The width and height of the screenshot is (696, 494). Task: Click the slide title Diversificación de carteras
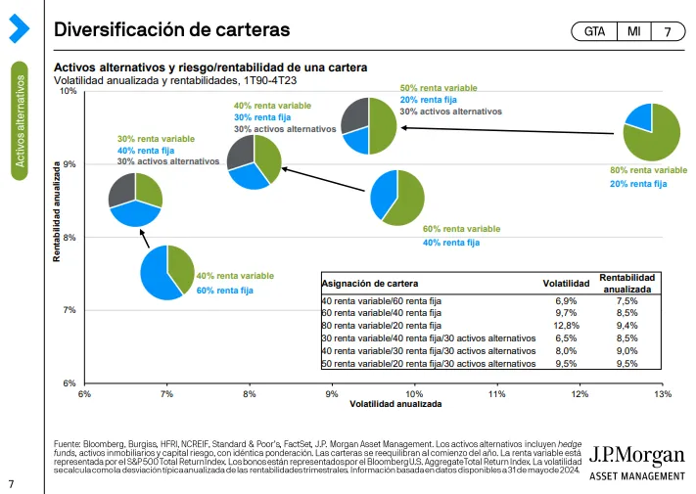[171, 30]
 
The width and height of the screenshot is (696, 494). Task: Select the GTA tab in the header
[594, 31]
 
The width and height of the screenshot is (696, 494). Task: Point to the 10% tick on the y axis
[69, 91]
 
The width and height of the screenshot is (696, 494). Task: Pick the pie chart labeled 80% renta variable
[652, 132]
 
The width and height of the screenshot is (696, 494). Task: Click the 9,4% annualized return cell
[627, 325]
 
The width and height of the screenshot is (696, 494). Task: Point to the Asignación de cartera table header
[363, 283]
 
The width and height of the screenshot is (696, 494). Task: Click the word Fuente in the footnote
[69, 445]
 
